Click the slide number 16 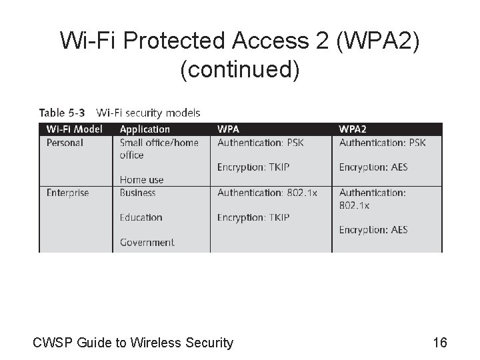point(439,343)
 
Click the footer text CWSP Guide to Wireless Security point(133,343)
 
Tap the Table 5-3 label point(61,113)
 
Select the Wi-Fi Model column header point(74,129)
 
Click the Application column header point(145,129)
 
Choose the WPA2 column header point(353,129)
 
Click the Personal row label point(65,142)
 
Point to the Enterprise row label point(67,193)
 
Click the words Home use point(141,179)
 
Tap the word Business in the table point(137,193)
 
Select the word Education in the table point(141,217)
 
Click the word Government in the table point(147,243)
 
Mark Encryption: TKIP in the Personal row point(253,167)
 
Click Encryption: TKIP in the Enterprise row point(253,217)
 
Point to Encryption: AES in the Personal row point(373,167)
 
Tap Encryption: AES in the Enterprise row point(373,230)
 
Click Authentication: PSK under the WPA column point(260,142)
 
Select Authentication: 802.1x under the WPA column point(265,193)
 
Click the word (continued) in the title point(240,69)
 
